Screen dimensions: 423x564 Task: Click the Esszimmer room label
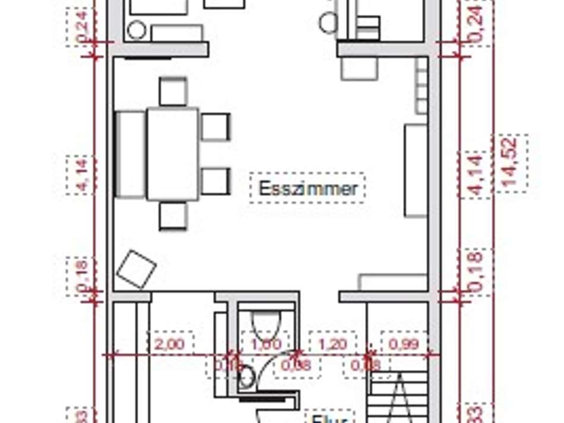308,188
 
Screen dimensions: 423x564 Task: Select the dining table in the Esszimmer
173,154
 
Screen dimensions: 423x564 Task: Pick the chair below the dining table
173,216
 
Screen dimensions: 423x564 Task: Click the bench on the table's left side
130,154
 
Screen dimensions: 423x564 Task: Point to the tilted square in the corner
137,269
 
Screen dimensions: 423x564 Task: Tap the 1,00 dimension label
266,343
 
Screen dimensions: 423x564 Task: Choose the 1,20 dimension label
333,343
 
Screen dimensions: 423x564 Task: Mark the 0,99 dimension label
404,343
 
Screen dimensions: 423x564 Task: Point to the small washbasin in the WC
247,375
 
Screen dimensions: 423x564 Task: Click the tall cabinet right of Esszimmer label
416,170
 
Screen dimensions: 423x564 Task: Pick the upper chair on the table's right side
215,127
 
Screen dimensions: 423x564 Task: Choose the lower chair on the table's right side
215,181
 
